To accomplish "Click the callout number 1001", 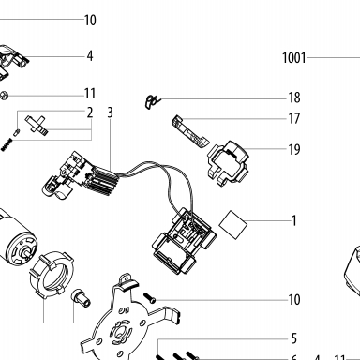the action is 293,58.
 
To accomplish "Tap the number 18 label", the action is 294,97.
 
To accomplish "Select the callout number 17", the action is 294,118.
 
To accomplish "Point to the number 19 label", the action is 294,149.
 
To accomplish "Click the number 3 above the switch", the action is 110,112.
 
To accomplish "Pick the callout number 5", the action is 293,338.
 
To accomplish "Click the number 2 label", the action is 90,112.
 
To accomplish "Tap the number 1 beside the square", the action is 293,220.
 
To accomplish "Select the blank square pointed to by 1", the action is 233,224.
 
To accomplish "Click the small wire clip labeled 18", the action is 152,101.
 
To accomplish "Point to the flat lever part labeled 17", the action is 190,131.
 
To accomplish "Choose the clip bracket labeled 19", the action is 228,163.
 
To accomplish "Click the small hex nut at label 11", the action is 4,96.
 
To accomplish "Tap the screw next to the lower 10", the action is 149,297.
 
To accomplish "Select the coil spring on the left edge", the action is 6,145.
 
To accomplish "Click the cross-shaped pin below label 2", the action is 37,125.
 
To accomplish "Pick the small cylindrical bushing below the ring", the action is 81,298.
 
